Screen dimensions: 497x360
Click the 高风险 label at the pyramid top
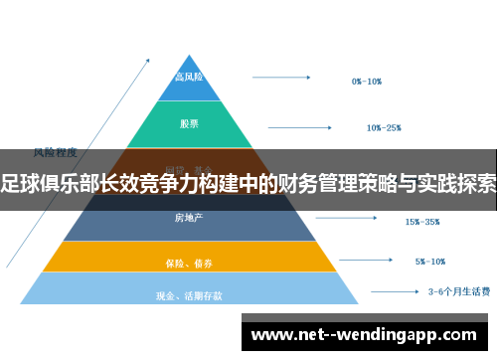point(189,77)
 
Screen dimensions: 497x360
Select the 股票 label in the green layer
point(189,124)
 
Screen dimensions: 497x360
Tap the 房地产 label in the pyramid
point(188,218)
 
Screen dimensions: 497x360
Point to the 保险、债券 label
point(188,263)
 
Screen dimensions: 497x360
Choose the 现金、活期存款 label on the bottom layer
point(189,294)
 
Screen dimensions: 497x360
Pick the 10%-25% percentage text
point(384,127)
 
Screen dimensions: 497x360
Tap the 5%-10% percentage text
point(430,262)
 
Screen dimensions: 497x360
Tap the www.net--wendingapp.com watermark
point(367,333)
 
